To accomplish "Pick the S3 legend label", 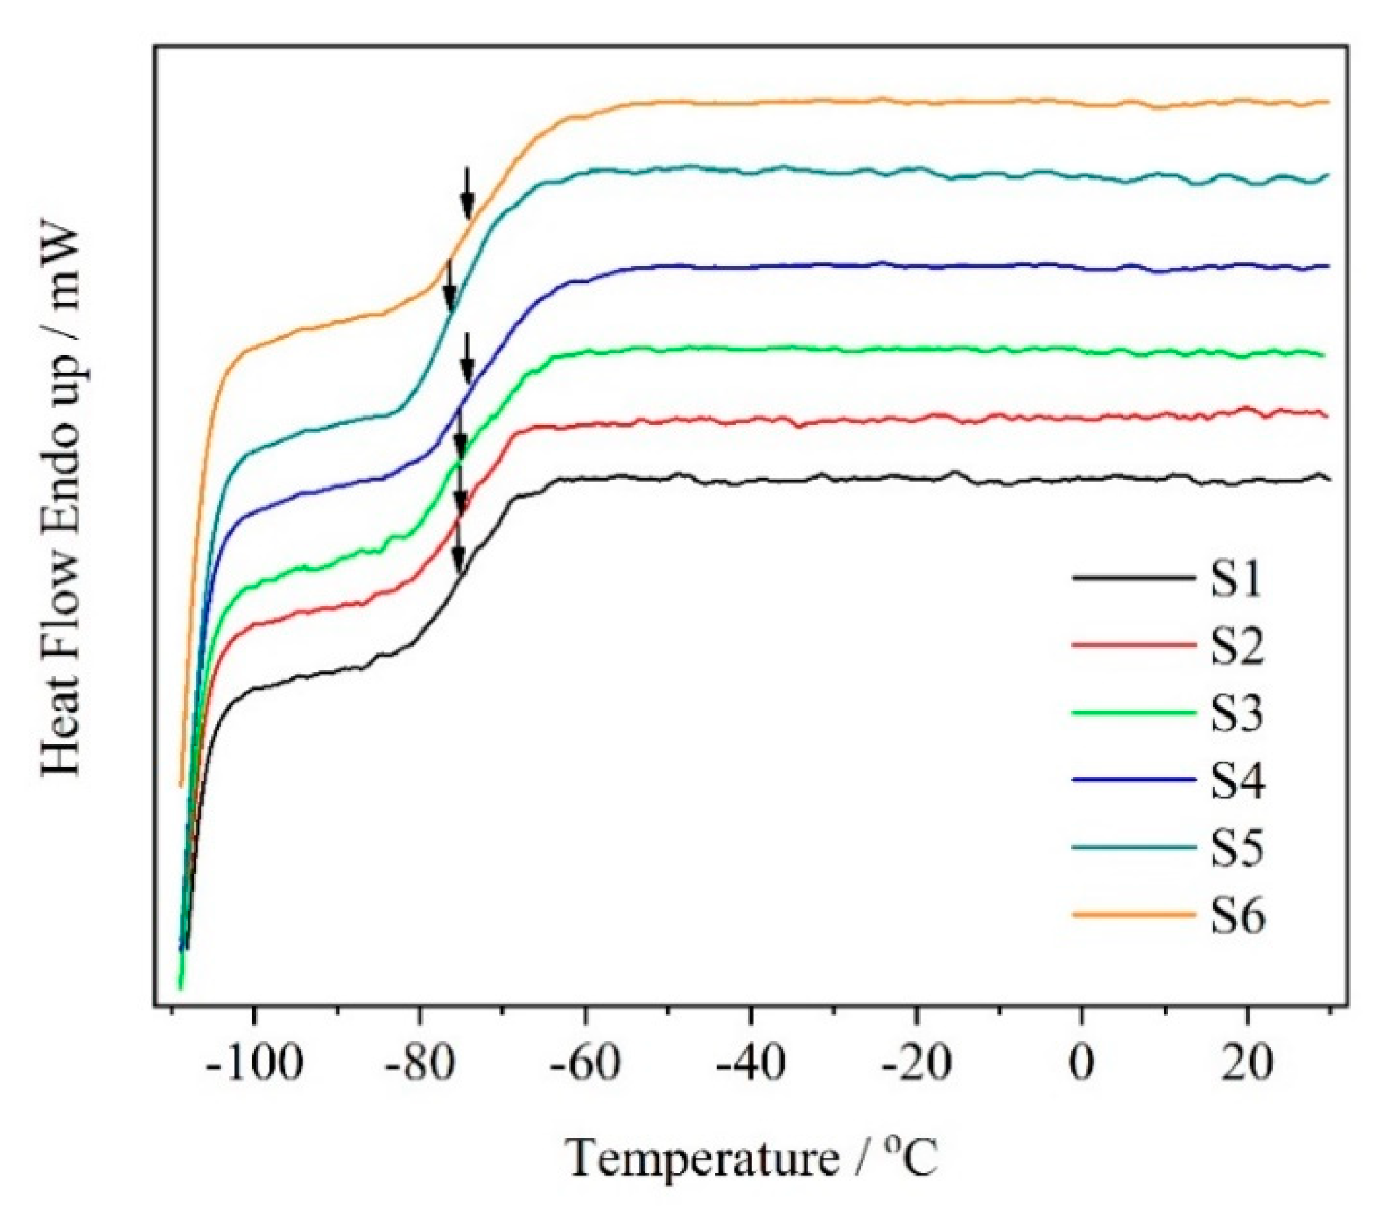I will click(x=1236, y=712).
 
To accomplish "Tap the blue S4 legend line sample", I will click(x=1133, y=779).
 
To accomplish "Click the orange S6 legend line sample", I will click(x=1133, y=914).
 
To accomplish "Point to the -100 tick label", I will click(x=254, y=1064).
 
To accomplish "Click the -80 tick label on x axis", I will click(x=420, y=1064).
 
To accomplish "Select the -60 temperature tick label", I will click(x=585, y=1064).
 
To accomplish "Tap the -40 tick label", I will click(x=751, y=1064).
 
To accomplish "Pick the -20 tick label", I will click(x=916, y=1064).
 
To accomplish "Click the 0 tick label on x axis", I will click(x=1081, y=1064).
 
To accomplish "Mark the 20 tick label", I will click(x=1247, y=1064).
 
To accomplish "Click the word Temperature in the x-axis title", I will click(x=703, y=1158).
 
